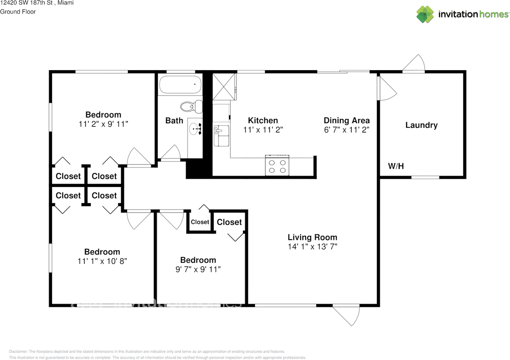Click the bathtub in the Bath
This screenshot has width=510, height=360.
pyautogui.click(x=180, y=85)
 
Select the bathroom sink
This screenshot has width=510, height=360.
pyautogui.click(x=195, y=128)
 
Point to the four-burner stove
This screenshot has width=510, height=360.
pyautogui.click(x=277, y=166)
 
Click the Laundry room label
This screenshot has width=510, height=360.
pyautogui.click(x=421, y=125)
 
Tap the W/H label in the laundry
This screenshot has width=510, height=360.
pyautogui.click(x=396, y=166)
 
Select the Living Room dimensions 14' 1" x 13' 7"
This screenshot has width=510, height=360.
pyautogui.click(x=312, y=247)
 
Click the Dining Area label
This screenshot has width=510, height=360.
pyautogui.click(x=346, y=120)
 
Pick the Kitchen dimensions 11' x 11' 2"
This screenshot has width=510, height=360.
pyautogui.click(x=263, y=130)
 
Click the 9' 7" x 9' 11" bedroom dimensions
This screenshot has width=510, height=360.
pyautogui.click(x=198, y=270)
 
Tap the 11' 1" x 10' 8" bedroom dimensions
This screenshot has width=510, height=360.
pyautogui.click(x=102, y=261)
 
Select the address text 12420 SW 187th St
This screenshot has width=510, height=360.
pyautogui.click(x=25, y=3)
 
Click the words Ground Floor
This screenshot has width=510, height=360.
pyautogui.click(x=18, y=12)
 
